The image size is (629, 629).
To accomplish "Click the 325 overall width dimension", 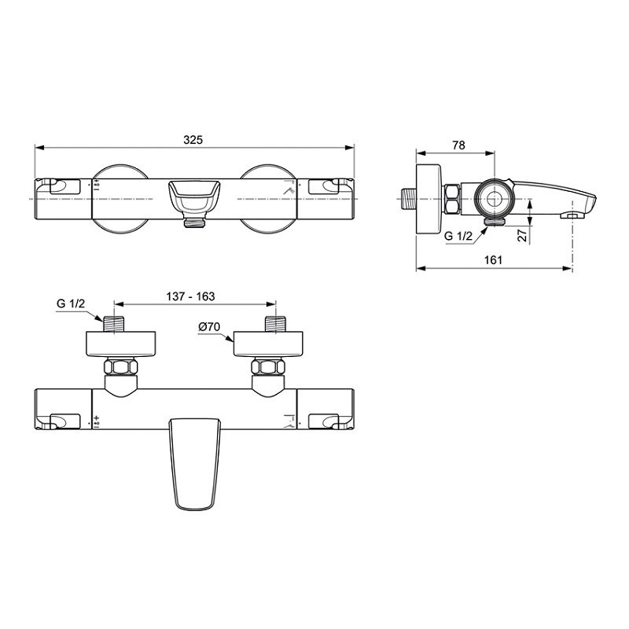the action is pyautogui.click(x=193, y=140).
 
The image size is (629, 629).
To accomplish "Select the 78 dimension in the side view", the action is pyautogui.click(x=458, y=145).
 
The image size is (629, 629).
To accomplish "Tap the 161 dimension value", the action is pyautogui.click(x=493, y=260).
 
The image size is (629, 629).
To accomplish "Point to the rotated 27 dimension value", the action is pyautogui.click(x=522, y=235).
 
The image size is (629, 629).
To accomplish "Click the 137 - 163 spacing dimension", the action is pyautogui.click(x=190, y=296).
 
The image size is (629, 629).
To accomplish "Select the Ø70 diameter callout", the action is pyautogui.click(x=209, y=327).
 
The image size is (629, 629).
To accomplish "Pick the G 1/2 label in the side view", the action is pyautogui.click(x=458, y=237).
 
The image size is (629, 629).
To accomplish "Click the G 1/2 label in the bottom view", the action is pyautogui.click(x=71, y=303).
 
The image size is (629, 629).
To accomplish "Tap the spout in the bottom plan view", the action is pyautogui.click(x=194, y=465).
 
